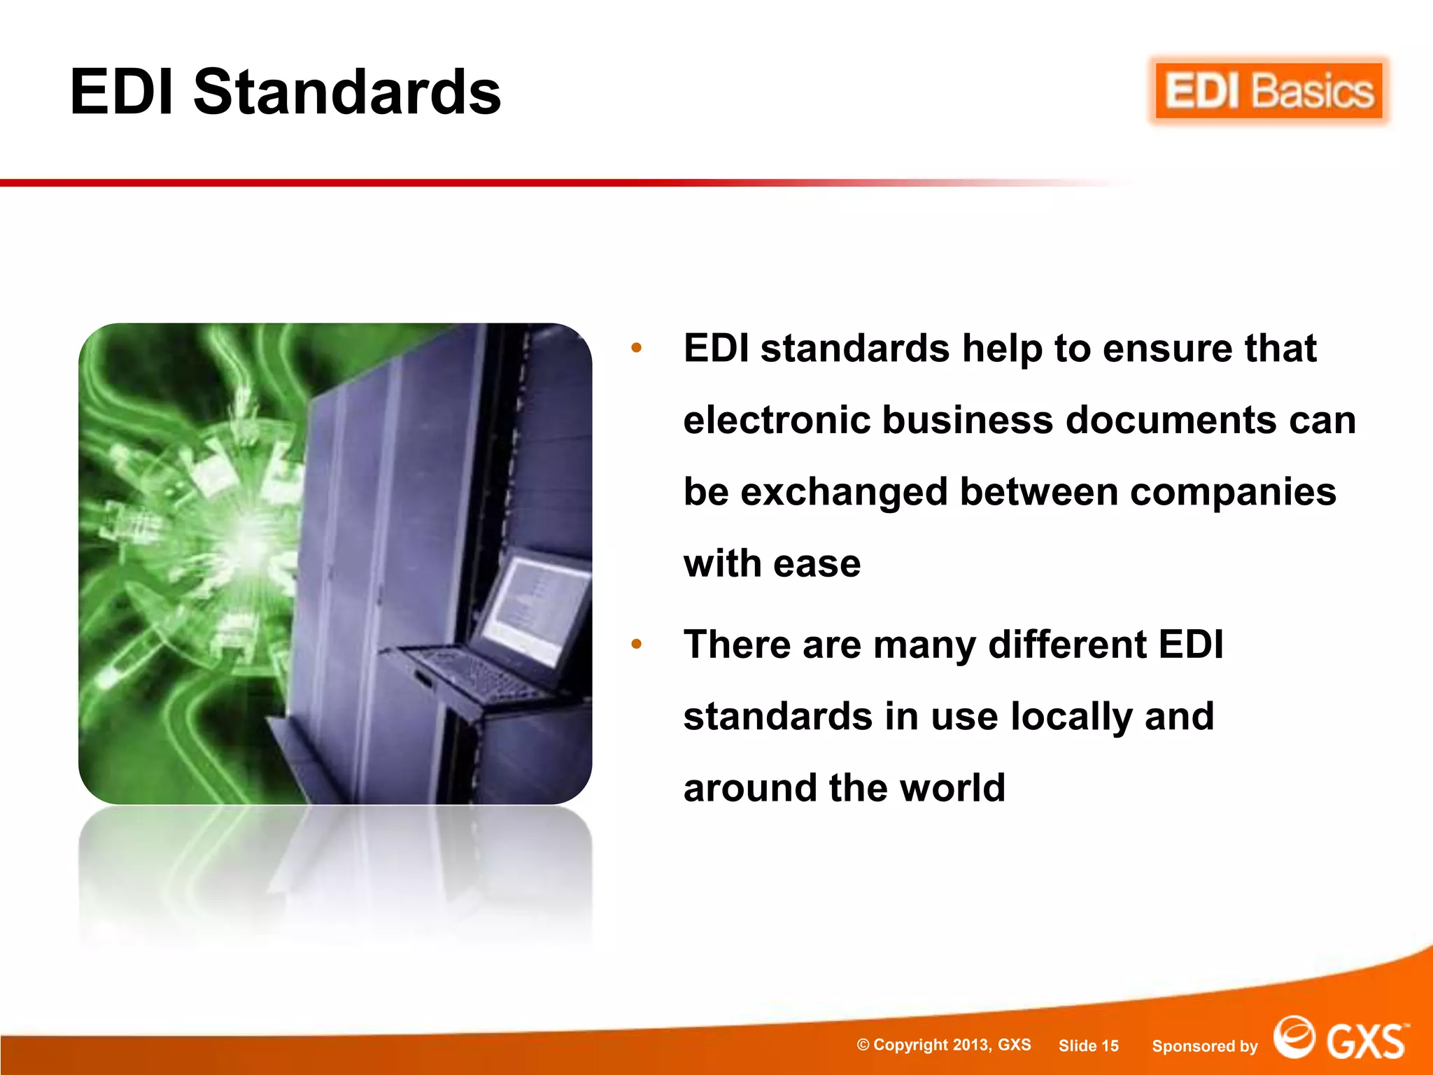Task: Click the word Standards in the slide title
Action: (x=347, y=92)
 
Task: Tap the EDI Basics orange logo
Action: (x=1269, y=92)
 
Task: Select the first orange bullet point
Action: (x=636, y=348)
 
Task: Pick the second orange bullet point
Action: (x=636, y=644)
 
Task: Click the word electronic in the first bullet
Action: (x=776, y=420)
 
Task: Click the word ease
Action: (x=817, y=564)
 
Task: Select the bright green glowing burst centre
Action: (x=245, y=539)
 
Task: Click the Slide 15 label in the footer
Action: (x=1088, y=1046)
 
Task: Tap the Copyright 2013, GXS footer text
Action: (x=944, y=1045)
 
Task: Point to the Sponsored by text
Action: (x=1204, y=1046)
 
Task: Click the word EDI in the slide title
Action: (x=122, y=92)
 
